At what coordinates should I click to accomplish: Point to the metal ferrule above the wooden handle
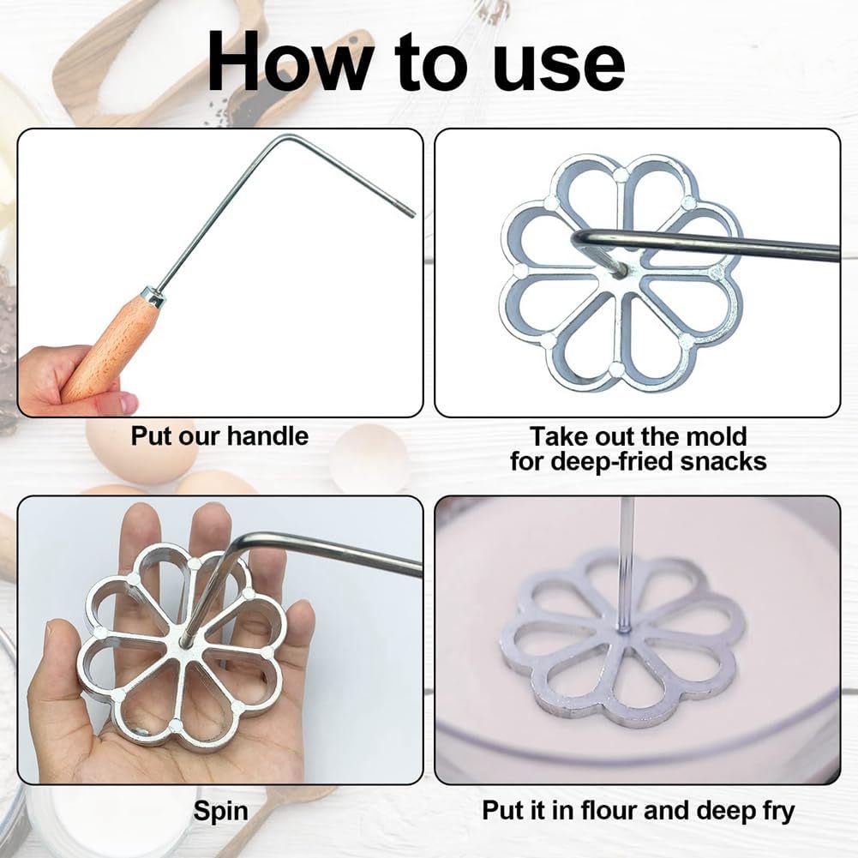(x=153, y=297)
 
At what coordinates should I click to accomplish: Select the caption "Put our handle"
(x=219, y=436)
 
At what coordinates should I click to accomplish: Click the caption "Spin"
(x=220, y=810)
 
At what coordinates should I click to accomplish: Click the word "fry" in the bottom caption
(x=775, y=810)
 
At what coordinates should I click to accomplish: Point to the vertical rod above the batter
(x=627, y=557)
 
